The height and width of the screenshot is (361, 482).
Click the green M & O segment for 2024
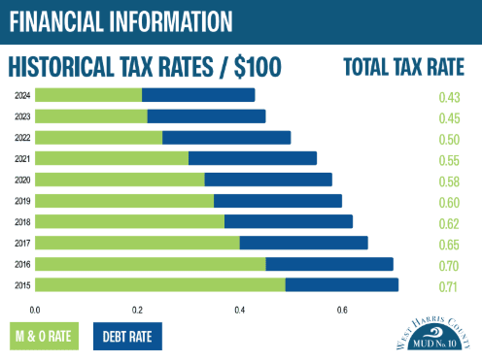[88, 95]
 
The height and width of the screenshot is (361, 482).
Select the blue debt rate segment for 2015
[341, 284]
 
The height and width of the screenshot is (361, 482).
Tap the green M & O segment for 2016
[150, 263]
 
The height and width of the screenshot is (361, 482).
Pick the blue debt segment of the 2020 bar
[268, 180]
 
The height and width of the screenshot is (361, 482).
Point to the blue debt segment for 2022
[226, 137]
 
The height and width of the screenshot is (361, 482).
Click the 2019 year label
[22, 201]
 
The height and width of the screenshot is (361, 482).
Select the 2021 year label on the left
[22, 158]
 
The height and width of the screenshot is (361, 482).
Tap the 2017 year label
[22, 243]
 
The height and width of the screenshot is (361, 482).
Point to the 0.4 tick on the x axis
[240, 311]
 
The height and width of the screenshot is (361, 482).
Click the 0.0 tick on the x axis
[35, 311]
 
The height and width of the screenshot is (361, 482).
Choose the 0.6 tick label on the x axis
[342, 311]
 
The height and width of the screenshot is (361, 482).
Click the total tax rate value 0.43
[448, 97]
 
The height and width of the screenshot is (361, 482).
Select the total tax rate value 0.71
[448, 287]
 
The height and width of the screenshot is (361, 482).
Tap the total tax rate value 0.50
[448, 140]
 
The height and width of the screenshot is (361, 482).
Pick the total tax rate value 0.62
[448, 224]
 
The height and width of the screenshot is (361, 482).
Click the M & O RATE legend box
[43, 336]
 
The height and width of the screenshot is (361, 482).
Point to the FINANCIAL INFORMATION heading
[121, 19]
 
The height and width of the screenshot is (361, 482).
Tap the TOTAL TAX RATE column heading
[402, 66]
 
